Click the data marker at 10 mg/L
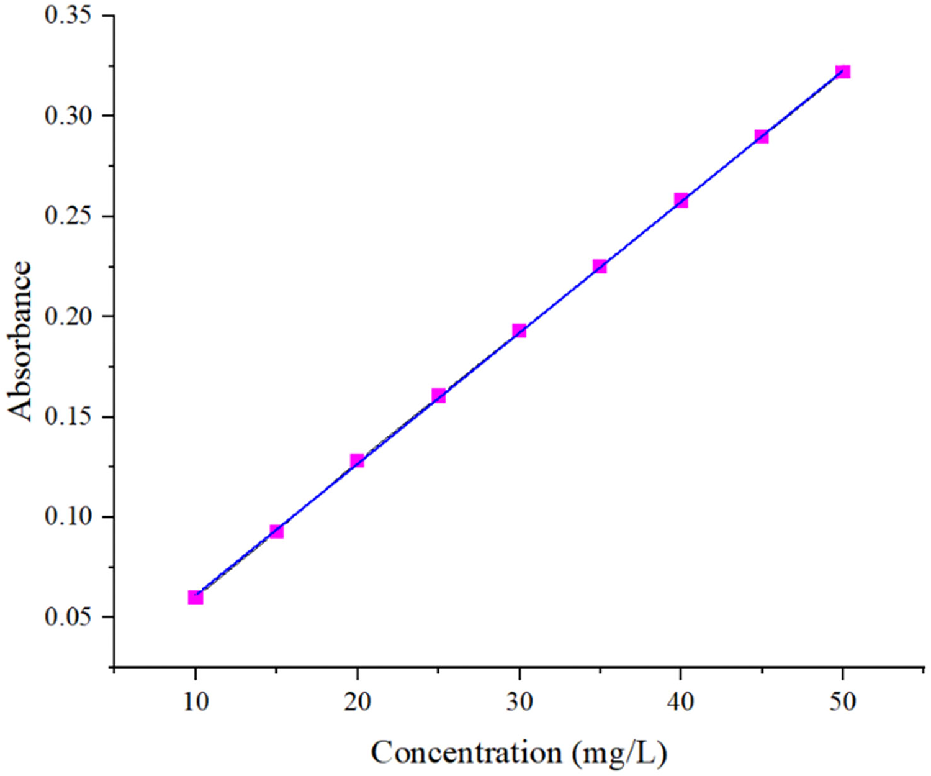(x=196, y=597)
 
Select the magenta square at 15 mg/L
(x=276, y=531)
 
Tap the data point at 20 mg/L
(x=357, y=460)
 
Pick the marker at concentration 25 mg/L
(x=438, y=396)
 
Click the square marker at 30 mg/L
(x=519, y=331)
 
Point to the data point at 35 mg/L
(x=600, y=266)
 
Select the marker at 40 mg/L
(x=681, y=200)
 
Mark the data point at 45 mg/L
(x=762, y=136)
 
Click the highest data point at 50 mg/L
(x=842, y=71)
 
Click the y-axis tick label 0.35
(x=68, y=15)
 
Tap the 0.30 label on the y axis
(x=68, y=116)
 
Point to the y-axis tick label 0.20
(x=68, y=316)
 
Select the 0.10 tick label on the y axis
(x=68, y=516)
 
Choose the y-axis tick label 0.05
(x=68, y=617)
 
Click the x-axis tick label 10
(x=196, y=701)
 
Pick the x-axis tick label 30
(x=519, y=701)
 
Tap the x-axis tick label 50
(x=842, y=701)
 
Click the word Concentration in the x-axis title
(x=466, y=752)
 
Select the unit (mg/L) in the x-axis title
(x=621, y=753)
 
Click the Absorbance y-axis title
(x=20, y=341)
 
